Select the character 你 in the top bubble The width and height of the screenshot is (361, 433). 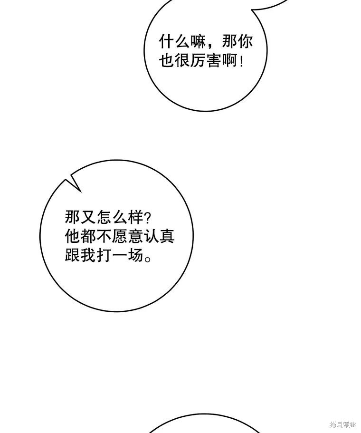(245, 42)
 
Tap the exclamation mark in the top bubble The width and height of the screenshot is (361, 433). (242, 61)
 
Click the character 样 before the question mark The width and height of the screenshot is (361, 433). (135, 217)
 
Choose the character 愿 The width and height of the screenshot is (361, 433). (120, 236)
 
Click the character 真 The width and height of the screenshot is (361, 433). (167, 236)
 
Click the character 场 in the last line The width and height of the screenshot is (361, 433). (135, 255)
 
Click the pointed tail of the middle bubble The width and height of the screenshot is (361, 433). (66, 180)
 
